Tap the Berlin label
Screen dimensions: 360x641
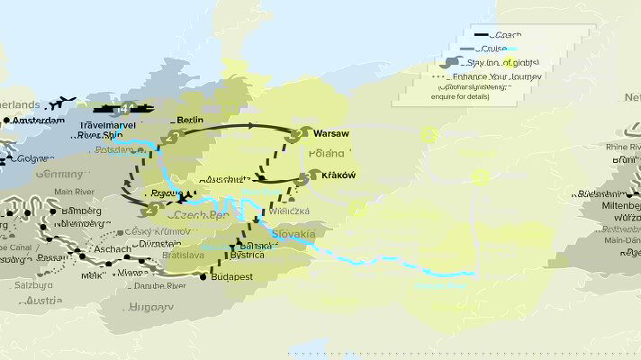coord(190,120)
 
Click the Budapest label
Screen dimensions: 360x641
coord(230,276)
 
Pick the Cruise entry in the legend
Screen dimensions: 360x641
coord(505,49)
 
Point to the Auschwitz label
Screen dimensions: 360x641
coord(223,179)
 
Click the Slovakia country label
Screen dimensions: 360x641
coord(292,234)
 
